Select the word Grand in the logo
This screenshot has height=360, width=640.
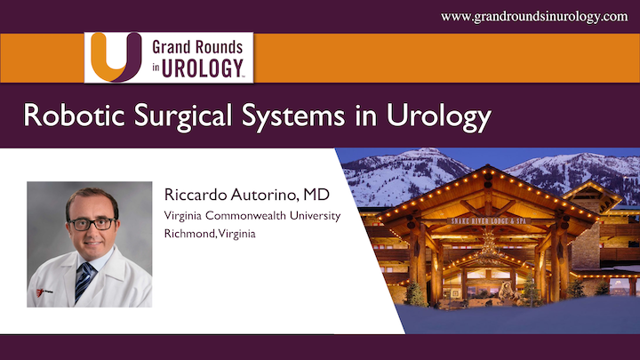[x=171, y=48]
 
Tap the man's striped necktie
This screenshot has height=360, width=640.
[x=83, y=279]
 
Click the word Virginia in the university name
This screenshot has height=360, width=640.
[x=184, y=216]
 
